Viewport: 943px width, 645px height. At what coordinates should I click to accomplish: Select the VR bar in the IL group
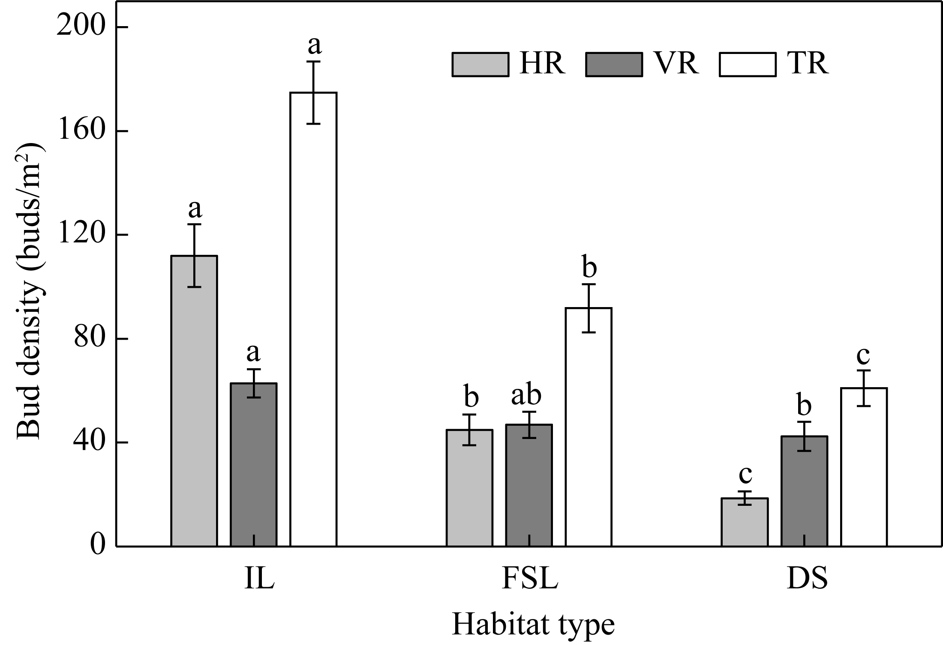click(253, 465)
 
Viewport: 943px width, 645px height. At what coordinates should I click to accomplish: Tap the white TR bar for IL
click(313, 319)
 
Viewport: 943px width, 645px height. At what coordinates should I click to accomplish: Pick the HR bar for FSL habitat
click(469, 488)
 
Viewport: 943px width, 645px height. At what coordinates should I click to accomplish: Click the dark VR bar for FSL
click(529, 485)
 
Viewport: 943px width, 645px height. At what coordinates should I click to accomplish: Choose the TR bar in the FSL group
click(589, 427)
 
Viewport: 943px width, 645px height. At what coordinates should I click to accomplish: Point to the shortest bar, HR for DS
click(745, 522)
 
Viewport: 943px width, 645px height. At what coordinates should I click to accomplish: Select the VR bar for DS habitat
click(804, 491)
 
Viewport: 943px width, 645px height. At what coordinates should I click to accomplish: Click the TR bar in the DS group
click(864, 467)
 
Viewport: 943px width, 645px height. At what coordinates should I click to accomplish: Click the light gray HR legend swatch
click(481, 65)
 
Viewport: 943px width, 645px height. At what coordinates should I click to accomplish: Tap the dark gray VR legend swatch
click(614, 65)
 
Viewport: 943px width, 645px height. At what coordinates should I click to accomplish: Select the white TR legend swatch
click(748, 65)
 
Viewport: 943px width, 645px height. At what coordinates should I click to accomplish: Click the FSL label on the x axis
click(530, 579)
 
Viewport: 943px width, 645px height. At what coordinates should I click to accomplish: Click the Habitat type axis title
click(533, 624)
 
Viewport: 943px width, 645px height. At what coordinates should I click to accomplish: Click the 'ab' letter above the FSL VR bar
click(526, 396)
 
